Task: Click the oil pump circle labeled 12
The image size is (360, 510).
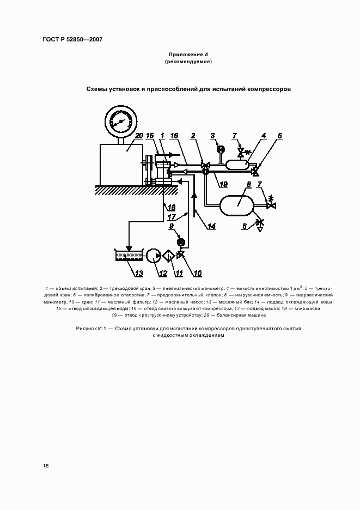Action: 154,255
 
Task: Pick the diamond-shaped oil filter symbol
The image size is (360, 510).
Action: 169,255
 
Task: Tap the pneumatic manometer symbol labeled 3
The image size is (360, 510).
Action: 221,149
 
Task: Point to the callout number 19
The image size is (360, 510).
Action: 223,184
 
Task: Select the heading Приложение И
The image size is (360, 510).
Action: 188,54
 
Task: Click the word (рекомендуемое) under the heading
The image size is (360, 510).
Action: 188,62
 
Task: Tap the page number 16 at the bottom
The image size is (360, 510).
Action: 46,466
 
